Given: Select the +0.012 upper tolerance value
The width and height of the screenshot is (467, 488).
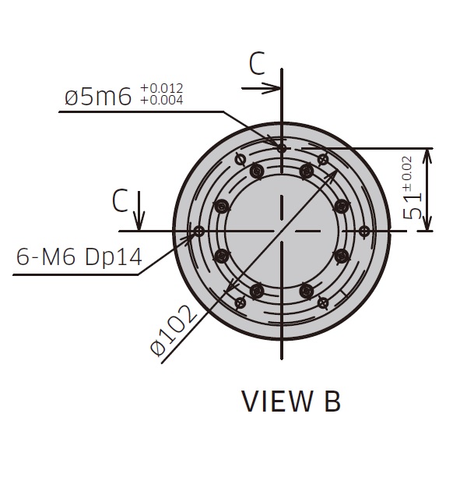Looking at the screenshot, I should [162, 88].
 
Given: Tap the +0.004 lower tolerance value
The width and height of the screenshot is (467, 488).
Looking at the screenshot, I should [162, 100].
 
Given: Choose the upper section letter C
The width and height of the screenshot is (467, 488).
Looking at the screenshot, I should [258, 65].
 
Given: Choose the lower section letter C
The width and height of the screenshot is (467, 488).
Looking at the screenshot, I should [119, 201].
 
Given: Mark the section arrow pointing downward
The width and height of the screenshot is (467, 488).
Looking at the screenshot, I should [139, 222].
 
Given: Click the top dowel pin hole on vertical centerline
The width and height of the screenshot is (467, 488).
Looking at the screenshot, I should [282, 147].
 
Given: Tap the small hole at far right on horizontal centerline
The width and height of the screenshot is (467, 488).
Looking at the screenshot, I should [363, 232].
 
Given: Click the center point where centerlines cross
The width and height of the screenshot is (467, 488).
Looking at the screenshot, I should [282, 232].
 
